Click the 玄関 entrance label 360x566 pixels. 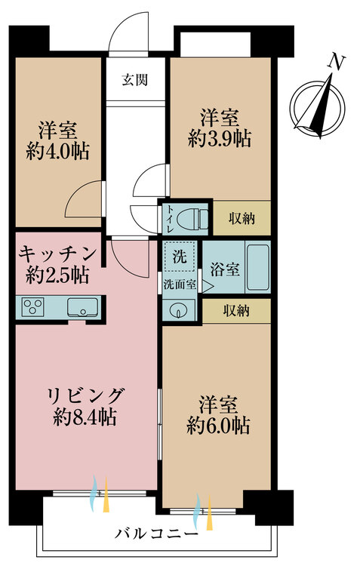click(136, 78)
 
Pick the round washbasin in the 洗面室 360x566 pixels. click(178, 311)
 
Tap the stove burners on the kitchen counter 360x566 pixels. click(34, 307)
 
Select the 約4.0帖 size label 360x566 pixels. click(58, 151)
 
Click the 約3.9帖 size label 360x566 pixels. click(220, 138)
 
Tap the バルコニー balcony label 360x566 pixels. click(157, 534)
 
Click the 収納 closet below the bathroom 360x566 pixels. click(236, 310)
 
